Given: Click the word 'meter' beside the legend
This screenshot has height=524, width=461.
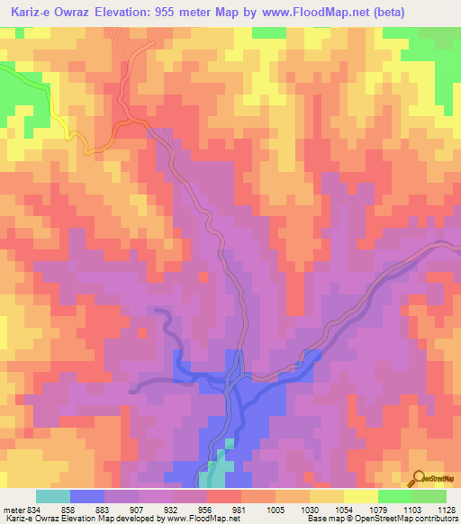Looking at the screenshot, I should tap(11, 509).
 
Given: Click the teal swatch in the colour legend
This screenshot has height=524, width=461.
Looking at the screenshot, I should tap(53, 496).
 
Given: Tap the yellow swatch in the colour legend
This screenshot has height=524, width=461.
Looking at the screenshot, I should tap(361, 496).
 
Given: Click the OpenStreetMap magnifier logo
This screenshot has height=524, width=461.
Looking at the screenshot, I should tap(419, 479).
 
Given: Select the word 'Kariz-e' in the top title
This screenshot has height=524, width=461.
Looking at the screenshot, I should tap(32, 13).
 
